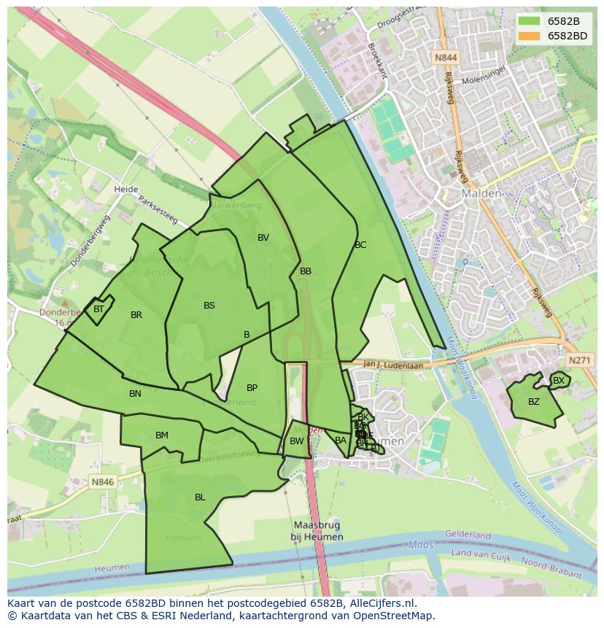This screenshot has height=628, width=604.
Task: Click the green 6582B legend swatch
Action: pos(530,20)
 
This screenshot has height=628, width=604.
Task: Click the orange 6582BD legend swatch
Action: pos(530,36)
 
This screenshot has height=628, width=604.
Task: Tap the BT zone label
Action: pos(98,309)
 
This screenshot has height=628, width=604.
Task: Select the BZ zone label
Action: pos(534,402)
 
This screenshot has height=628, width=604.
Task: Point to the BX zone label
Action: pos(559,381)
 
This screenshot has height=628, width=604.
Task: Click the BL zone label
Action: pos(200,497)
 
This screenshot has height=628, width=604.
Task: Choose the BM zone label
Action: pos(162,435)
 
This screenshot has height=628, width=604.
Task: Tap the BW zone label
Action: pos(296,441)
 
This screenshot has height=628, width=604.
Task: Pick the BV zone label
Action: pos(263,238)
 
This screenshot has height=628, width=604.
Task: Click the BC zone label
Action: pos(360,245)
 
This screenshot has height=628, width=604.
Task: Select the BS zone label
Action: pos(209,306)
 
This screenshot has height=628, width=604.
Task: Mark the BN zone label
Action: pos(135,394)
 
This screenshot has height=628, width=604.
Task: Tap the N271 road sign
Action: pos(578,360)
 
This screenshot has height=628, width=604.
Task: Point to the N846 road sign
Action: pos(103,482)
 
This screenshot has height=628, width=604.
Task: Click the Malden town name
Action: pos(481,194)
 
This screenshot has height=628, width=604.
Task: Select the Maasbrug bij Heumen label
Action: pos(317,531)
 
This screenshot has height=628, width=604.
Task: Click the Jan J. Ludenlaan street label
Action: pos(392,365)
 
